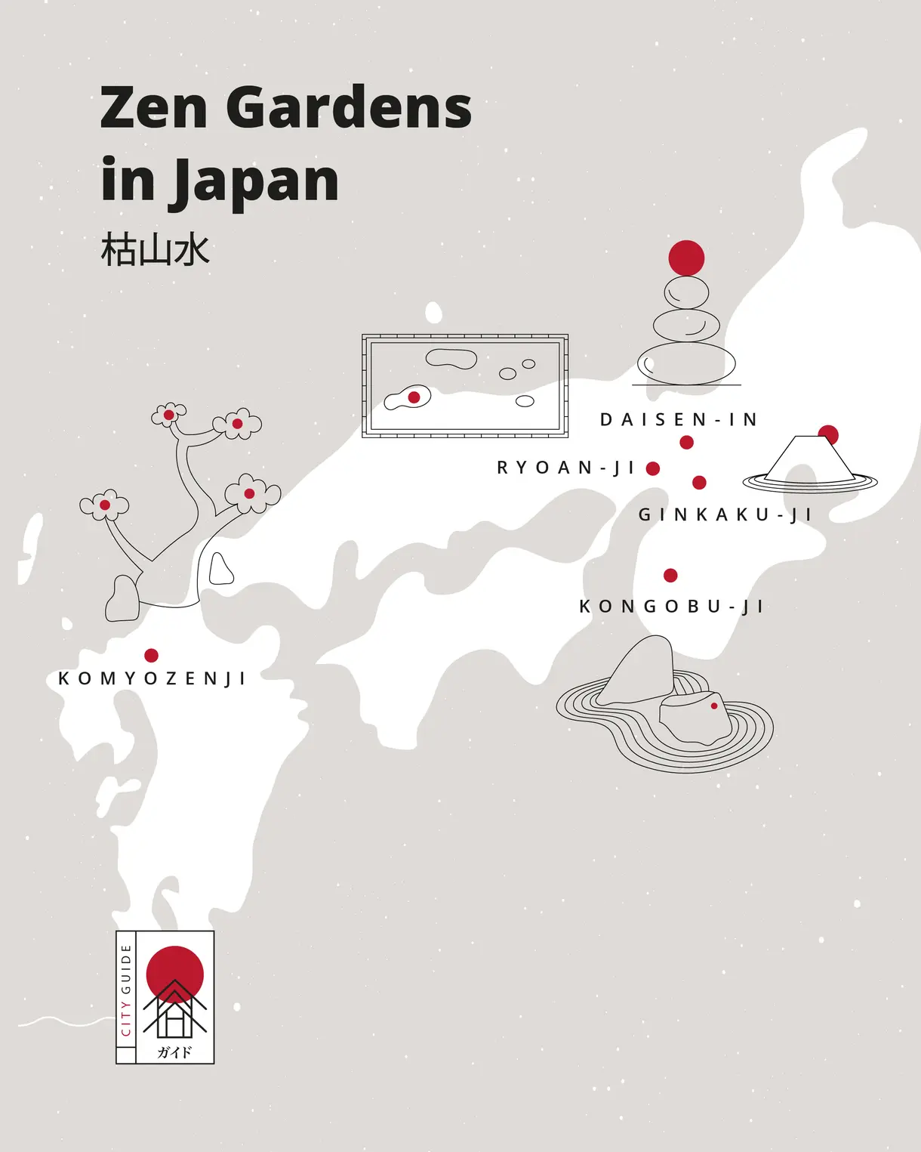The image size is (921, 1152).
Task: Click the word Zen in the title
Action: tap(154, 107)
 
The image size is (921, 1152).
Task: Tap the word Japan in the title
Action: tap(257, 181)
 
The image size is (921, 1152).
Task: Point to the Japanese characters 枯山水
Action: tap(155, 250)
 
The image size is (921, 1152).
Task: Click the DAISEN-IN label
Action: tap(679, 420)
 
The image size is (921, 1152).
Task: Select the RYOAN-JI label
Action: tap(565, 468)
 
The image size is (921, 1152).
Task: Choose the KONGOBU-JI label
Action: tap(671, 607)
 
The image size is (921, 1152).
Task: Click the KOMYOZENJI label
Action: tap(152, 678)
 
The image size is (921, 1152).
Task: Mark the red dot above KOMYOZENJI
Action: tap(151, 655)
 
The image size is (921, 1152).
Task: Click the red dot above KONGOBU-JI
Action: tap(670, 576)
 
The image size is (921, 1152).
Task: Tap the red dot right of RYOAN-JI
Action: tap(653, 468)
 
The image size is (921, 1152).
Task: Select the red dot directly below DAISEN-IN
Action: tap(686, 442)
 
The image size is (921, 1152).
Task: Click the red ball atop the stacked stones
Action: tap(686, 258)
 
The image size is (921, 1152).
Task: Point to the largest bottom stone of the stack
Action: tap(686, 364)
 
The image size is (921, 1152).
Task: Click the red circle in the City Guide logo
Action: tap(174, 970)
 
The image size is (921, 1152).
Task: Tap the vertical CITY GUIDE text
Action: tap(126, 990)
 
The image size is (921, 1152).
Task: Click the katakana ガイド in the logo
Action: tap(174, 1052)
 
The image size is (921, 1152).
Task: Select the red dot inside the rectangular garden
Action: tap(414, 397)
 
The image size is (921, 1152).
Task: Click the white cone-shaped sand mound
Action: tap(808, 460)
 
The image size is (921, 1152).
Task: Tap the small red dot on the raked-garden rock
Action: tap(714, 706)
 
